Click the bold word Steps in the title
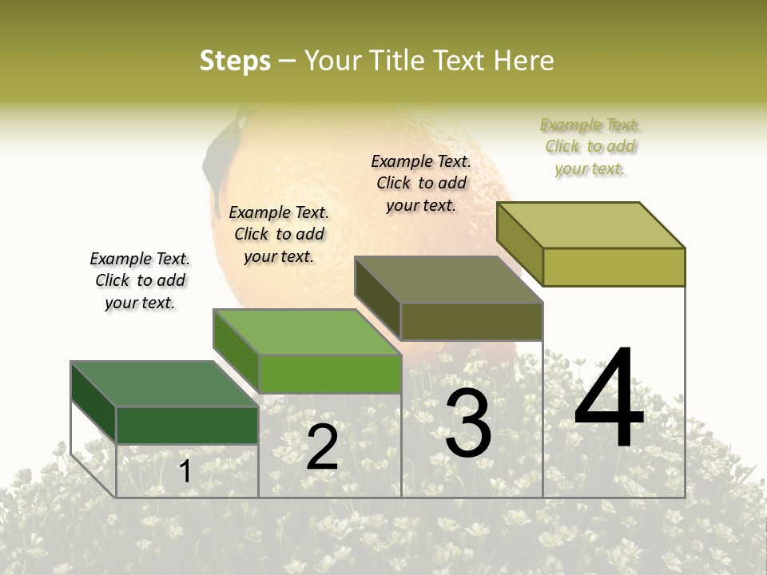235,61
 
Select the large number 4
609,399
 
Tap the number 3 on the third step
468,423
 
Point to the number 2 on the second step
322,447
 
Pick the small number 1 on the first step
185,471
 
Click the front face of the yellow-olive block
614,267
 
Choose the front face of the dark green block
187,425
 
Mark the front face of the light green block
329,374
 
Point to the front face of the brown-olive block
471,321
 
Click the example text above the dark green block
140,280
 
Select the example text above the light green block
279,234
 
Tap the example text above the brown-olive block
421,183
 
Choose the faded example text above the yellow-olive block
590,146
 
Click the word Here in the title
523,61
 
